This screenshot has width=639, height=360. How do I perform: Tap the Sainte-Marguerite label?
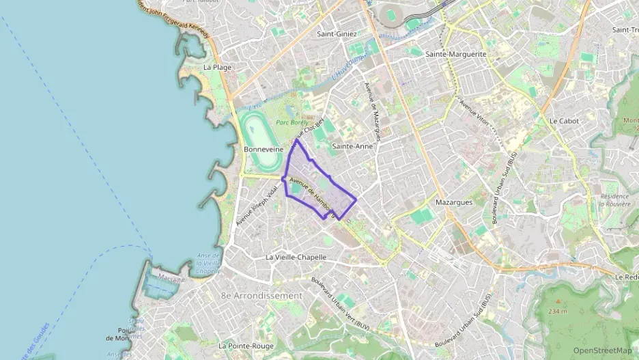click(455, 53)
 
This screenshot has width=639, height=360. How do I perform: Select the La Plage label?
click(218, 67)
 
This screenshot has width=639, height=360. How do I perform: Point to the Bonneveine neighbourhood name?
click(263, 149)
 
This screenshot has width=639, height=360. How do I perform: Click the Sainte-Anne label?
click(353, 146)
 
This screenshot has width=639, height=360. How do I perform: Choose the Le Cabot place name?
click(564, 121)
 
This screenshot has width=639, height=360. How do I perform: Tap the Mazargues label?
click(454, 202)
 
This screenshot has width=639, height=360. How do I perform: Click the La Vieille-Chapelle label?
click(296, 258)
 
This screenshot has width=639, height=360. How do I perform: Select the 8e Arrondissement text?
click(261, 296)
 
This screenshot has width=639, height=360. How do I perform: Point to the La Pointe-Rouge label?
click(246, 346)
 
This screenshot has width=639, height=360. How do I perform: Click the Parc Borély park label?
click(292, 123)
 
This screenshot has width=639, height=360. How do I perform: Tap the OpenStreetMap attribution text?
click(602, 350)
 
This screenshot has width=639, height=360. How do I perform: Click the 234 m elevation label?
click(557, 311)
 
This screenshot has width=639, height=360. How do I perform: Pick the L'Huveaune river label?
click(344, 70)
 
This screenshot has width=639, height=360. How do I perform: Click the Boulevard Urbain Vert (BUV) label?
click(340, 305)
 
